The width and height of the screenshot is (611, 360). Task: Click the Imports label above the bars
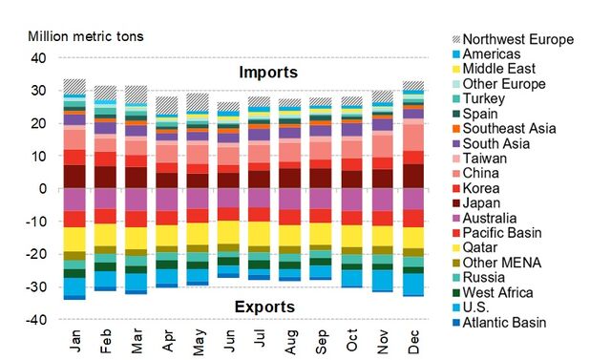click(x=268, y=72)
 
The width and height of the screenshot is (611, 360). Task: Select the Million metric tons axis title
click(x=85, y=36)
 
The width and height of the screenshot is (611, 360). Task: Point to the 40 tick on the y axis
click(x=38, y=57)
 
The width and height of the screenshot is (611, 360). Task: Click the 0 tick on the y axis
click(x=42, y=188)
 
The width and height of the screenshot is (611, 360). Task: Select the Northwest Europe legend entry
click(x=521, y=39)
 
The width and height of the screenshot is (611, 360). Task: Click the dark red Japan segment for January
click(x=74, y=177)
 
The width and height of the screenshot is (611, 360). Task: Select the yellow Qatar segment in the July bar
click(x=259, y=234)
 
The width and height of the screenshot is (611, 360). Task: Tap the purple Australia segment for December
click(x=413, y=199)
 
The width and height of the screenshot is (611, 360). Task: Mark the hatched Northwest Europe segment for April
click(x=167, y=104)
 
